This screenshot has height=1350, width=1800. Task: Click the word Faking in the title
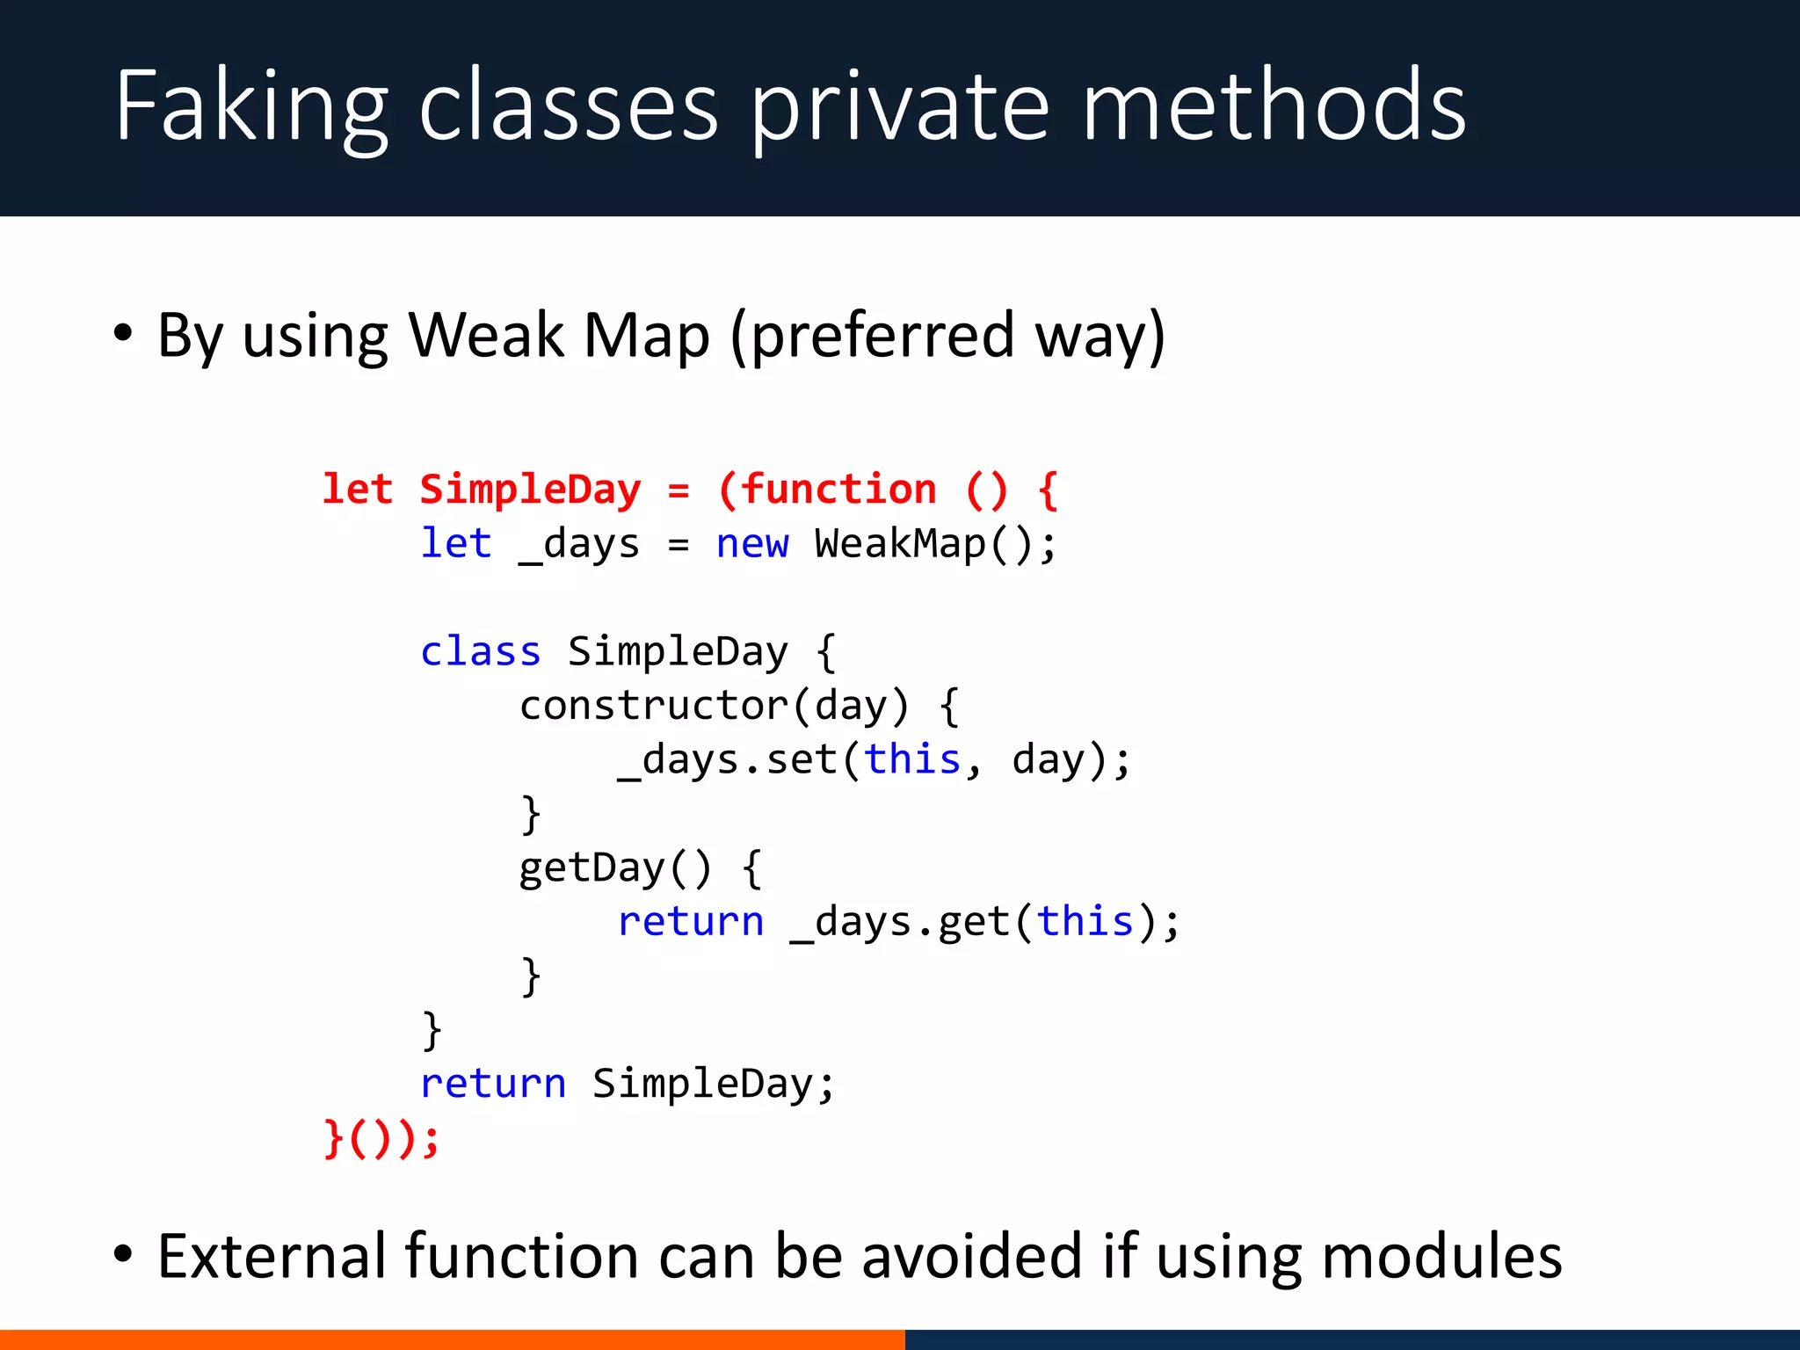250,107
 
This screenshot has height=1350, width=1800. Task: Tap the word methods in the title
1274,107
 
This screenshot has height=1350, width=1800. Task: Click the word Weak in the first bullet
485,336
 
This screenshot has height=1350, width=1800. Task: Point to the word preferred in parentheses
883,337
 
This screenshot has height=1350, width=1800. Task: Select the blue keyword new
752,544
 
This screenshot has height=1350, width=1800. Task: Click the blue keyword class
480,652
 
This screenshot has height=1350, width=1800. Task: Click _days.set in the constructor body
726,760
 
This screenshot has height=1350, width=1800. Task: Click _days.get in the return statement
899,923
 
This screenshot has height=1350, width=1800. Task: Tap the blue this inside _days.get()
1085,922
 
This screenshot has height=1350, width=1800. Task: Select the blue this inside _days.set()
912,759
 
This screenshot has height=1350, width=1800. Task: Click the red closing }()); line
381,1139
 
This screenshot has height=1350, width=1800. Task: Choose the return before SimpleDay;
493,1084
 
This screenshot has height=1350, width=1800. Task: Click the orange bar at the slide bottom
452,1339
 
